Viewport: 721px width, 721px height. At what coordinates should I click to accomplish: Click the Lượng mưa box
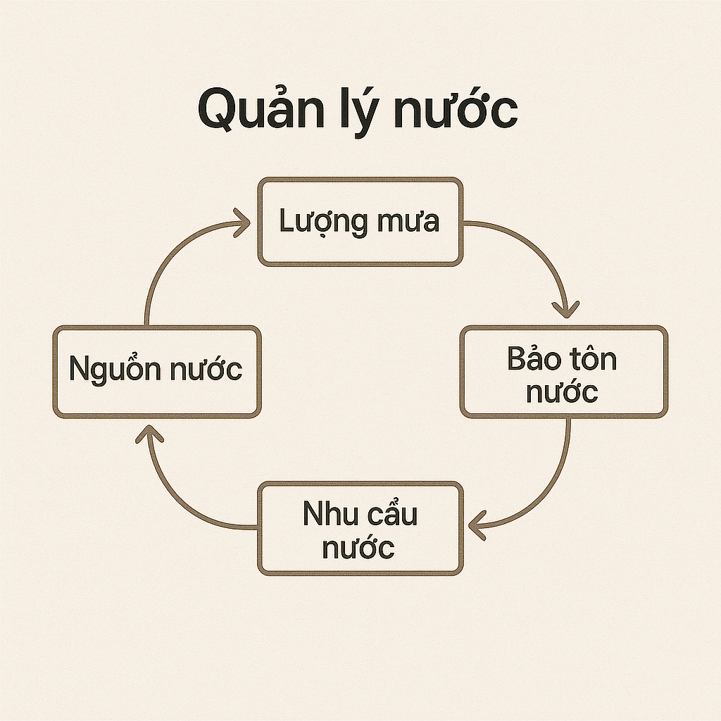[x=360, y=222]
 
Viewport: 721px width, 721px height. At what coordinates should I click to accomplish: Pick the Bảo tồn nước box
[x=563, y=371]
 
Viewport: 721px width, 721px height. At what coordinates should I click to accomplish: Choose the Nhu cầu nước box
[x=360, y=527]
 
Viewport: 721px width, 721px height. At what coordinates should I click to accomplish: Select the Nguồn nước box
[x=156, y=371]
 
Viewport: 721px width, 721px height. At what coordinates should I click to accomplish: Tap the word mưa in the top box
[x=408, y=221]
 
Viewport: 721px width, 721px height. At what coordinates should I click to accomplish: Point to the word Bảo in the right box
[x=534, y=359]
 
